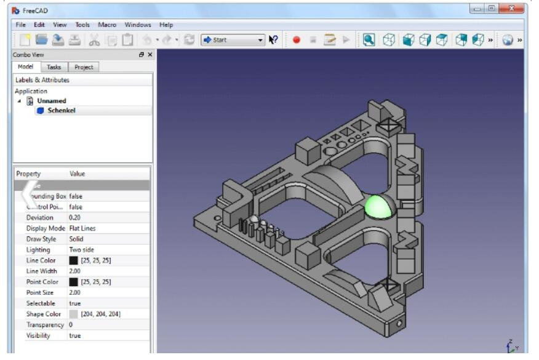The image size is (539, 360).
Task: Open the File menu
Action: [20, 25]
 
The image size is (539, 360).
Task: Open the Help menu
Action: [166, 25]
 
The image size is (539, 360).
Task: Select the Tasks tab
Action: [54, 67]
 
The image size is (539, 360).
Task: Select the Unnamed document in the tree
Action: [52, 101]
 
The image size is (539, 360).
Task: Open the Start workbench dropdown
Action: [233, 40]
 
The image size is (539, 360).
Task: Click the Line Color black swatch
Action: [74, 261]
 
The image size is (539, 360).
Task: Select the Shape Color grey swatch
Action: [74, 314]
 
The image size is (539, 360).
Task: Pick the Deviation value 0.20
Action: [75, 218]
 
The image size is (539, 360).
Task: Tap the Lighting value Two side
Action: [82, 250]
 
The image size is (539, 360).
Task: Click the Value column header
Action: [78, 174]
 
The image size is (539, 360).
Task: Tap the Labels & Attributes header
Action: [42, 80]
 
